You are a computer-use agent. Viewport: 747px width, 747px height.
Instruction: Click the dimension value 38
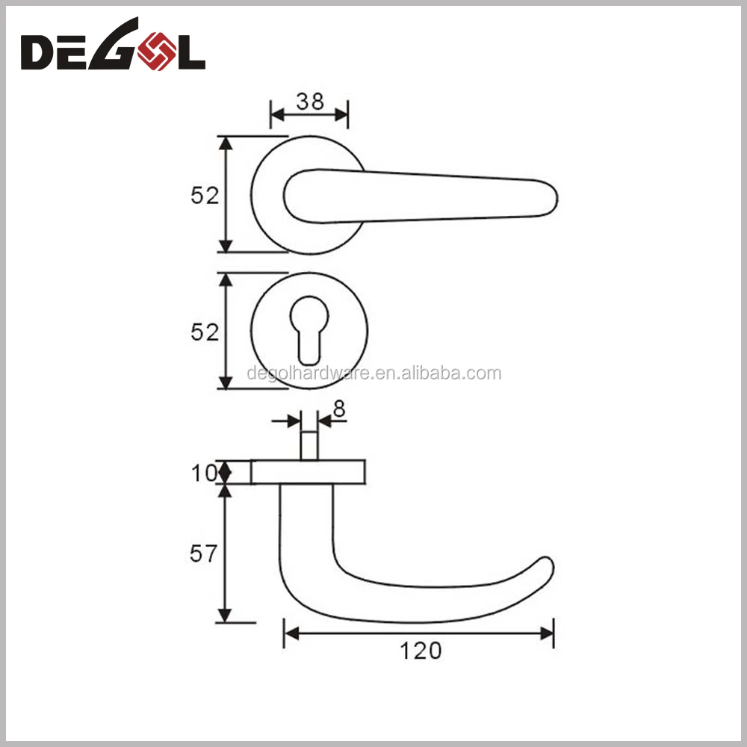click(x=309, y=102)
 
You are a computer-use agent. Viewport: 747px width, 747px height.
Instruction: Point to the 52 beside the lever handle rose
click(x=205, y=196)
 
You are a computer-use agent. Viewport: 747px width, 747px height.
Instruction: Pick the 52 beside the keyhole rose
click(x=205, y=332)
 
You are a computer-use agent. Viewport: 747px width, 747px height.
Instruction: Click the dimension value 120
click(x=420, y=651)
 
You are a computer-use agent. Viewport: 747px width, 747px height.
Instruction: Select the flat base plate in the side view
click(x=309, y=472)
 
